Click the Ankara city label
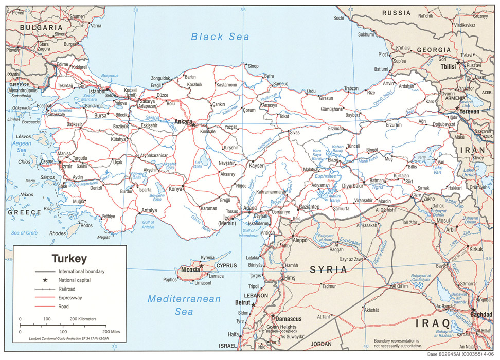183,122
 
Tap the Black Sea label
220,37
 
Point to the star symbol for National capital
45,280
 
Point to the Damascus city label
289,319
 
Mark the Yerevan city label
469,111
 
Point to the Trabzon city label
351,88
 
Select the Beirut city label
242,303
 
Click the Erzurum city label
394,125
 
